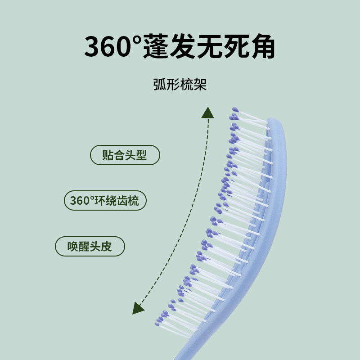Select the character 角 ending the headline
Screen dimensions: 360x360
coord(261,47)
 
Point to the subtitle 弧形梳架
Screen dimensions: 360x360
coord(180,85)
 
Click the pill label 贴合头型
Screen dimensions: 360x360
coord(125,155)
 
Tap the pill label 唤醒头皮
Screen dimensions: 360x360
coord(90,247)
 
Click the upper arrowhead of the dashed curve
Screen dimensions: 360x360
coord(207,112)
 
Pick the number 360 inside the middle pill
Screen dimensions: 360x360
coord(80,201)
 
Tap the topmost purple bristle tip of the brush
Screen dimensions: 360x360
coord(234,109)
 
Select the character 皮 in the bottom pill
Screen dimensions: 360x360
coord(106,247)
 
